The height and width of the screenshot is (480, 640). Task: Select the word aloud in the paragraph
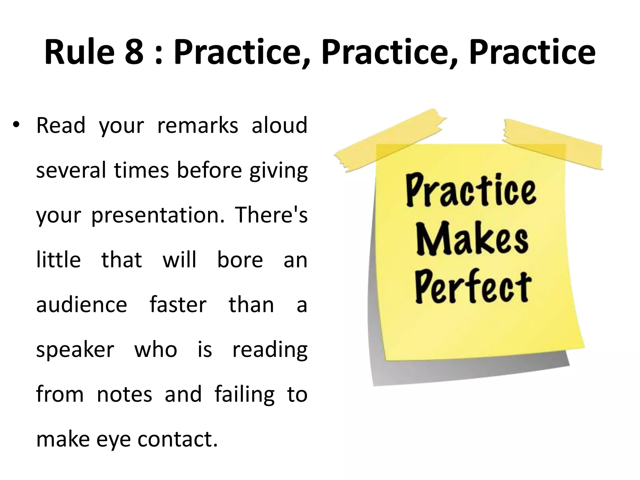[279, 125]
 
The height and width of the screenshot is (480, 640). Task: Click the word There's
[271, 215]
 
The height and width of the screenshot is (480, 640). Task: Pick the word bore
[240, 260]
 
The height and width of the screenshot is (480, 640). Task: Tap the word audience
[82, 305]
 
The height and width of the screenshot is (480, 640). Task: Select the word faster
[178, 305]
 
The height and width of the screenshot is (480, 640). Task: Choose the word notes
[124, 394]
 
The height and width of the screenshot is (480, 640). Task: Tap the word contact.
[177, 439]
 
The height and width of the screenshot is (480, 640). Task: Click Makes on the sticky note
[472, 239]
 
